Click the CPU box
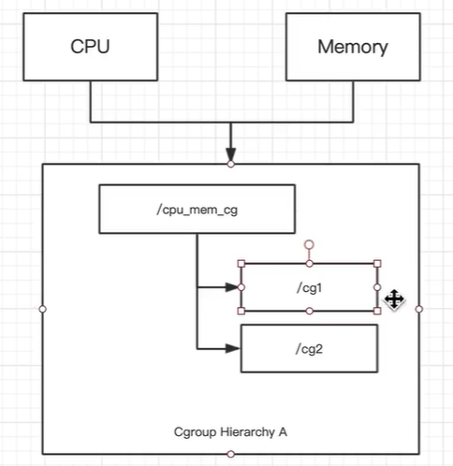coord(91,46)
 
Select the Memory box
coord(351,46)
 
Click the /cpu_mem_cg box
coord(197,209)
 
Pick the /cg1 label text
coord(310,287)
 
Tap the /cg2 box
coord(310,349)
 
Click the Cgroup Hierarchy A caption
coord(230,431)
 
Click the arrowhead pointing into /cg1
coord(233,287)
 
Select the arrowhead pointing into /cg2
coord(233,349)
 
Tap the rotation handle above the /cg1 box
coord(310,244)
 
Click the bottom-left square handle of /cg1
coord(241,310)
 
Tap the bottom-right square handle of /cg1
coord(378,310)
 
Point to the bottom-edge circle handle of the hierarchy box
coord(230,454)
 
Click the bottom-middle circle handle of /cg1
coord(310,310)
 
